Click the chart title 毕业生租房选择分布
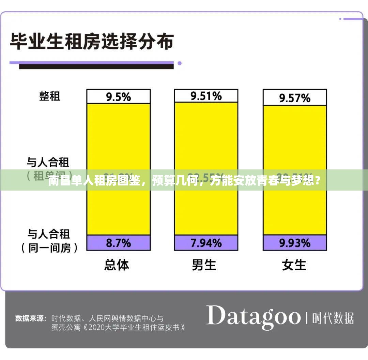92,42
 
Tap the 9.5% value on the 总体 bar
118,97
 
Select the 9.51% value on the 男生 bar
206,96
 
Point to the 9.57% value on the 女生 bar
295,98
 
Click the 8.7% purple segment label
118,243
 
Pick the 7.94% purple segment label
206,243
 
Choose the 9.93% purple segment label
295,243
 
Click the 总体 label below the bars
117,265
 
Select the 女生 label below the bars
294,265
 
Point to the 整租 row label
50,96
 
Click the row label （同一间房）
50,248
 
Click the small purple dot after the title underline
180,63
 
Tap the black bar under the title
96,66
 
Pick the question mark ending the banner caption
317,181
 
